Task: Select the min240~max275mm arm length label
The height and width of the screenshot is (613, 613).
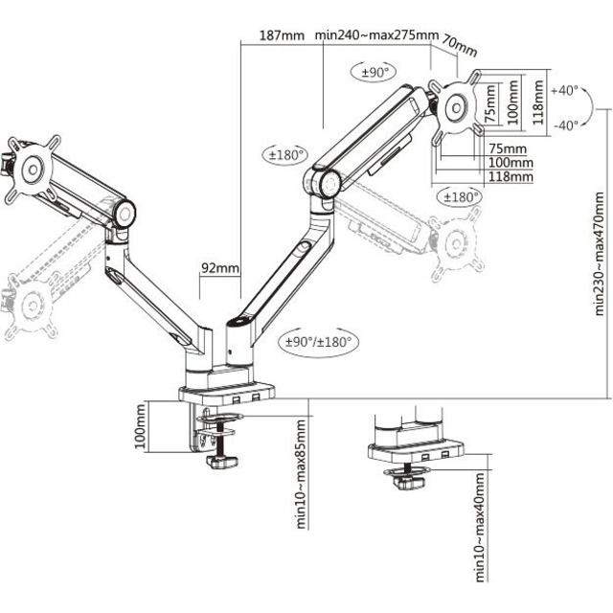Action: click(376, 35)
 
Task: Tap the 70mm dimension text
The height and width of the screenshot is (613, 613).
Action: click(462, 47)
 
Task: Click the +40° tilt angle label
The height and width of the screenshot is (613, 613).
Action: click(565, 90)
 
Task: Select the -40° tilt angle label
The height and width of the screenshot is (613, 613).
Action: click(565, 125)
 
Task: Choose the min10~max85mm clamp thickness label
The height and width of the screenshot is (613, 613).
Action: click(300, 473)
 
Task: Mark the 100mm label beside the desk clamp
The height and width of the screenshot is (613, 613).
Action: click(141, 427)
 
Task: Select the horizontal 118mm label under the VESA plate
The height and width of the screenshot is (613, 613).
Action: click(509, 176)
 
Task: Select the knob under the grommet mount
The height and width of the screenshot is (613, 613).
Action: click(412, 485)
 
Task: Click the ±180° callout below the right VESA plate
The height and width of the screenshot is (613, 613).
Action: click(459, 196)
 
